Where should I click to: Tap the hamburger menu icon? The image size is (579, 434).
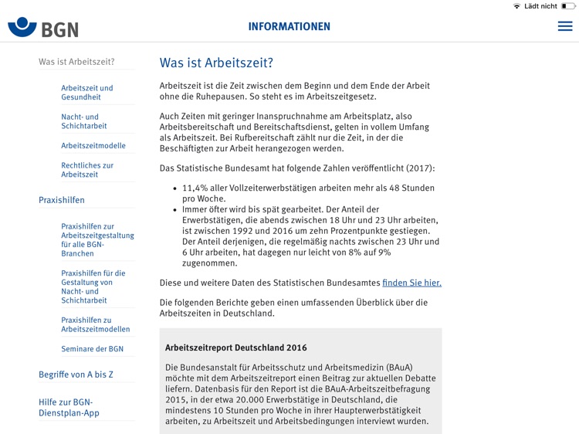[565, 26]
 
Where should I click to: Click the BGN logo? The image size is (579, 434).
[43, 28]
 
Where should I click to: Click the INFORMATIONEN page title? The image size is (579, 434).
[289, 26]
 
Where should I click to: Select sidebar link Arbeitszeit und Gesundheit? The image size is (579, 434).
[87, 93]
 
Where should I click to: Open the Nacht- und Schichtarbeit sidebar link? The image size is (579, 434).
[84, 121]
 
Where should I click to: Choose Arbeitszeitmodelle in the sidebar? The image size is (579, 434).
[93, 145]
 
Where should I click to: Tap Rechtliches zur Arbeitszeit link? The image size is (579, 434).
[87, 170]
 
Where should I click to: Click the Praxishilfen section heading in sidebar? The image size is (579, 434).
[62, 200]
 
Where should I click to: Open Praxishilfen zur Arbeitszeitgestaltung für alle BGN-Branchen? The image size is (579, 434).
[97, 239]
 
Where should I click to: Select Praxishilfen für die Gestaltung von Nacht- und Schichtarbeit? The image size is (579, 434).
[93, 287]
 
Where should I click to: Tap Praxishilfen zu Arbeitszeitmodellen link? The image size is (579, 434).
[96, 324]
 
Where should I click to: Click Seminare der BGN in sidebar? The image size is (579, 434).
[92, 349]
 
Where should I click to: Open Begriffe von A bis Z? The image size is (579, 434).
[76, 375]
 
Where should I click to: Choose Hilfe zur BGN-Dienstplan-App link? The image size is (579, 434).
[69, 407]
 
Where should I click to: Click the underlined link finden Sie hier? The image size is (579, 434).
[411, 283]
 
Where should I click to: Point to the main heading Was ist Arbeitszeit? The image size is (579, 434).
[216, 63]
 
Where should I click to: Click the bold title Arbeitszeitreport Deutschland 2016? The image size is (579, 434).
[235, 348]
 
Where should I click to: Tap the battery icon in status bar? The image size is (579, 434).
[567, 6]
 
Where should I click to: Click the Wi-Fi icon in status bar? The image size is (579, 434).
[516, 6]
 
